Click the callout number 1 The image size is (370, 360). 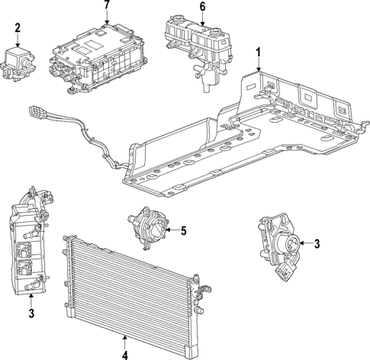pyautogui.click(x=258, y=53)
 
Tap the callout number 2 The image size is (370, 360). pyautogui.click(x=17, y=28)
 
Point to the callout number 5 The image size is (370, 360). pyautogui.click(x=183, y=230)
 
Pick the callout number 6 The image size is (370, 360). pyautogui.click(x=202, y=7)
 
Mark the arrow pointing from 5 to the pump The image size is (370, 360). pyautogui.click(x=171, y=230)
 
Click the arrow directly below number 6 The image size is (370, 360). pyautogui.click(x=202, y=18)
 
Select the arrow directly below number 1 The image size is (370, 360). pyautogui.click(x=258, y=64)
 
